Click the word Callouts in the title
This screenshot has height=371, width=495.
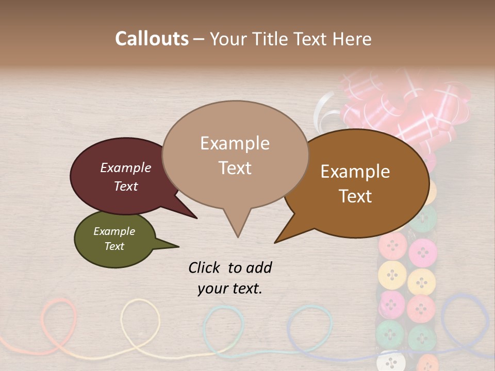152,39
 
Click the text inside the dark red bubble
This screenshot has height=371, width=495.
125,177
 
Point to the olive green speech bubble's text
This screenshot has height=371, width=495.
114,239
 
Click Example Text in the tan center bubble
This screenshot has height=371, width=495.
235,155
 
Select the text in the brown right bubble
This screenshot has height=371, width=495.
355,183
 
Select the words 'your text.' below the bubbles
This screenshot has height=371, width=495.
230,289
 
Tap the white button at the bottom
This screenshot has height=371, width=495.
390,361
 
